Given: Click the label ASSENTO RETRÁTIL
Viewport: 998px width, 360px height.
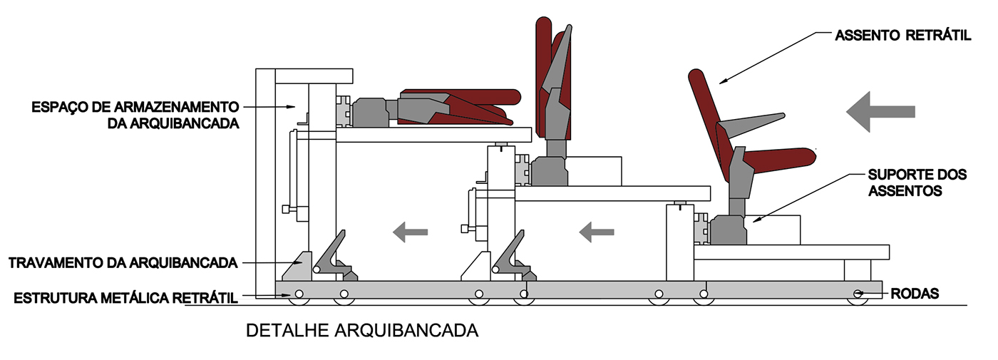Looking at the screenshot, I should (x=902, y=35).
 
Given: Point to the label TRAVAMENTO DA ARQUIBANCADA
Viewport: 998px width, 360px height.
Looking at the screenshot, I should (x=123, y=263).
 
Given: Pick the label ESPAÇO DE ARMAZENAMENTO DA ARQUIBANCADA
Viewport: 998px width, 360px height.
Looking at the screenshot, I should (x=135, y=114).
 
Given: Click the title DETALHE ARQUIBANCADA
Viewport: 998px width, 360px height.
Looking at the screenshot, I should (x=361, y=331).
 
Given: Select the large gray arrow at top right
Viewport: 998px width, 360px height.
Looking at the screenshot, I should (x=880, y=110).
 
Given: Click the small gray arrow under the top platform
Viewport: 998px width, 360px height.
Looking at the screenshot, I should (x=411, y=231).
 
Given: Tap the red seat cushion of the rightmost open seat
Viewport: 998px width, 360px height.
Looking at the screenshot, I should (x=777, y=158).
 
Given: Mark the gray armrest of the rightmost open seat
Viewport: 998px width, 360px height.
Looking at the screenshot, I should (x=748, y=125).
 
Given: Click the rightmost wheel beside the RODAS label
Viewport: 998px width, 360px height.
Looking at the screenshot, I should (x=858, y=294).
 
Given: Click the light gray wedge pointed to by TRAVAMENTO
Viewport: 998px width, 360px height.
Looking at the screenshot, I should (x=297, y=267).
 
